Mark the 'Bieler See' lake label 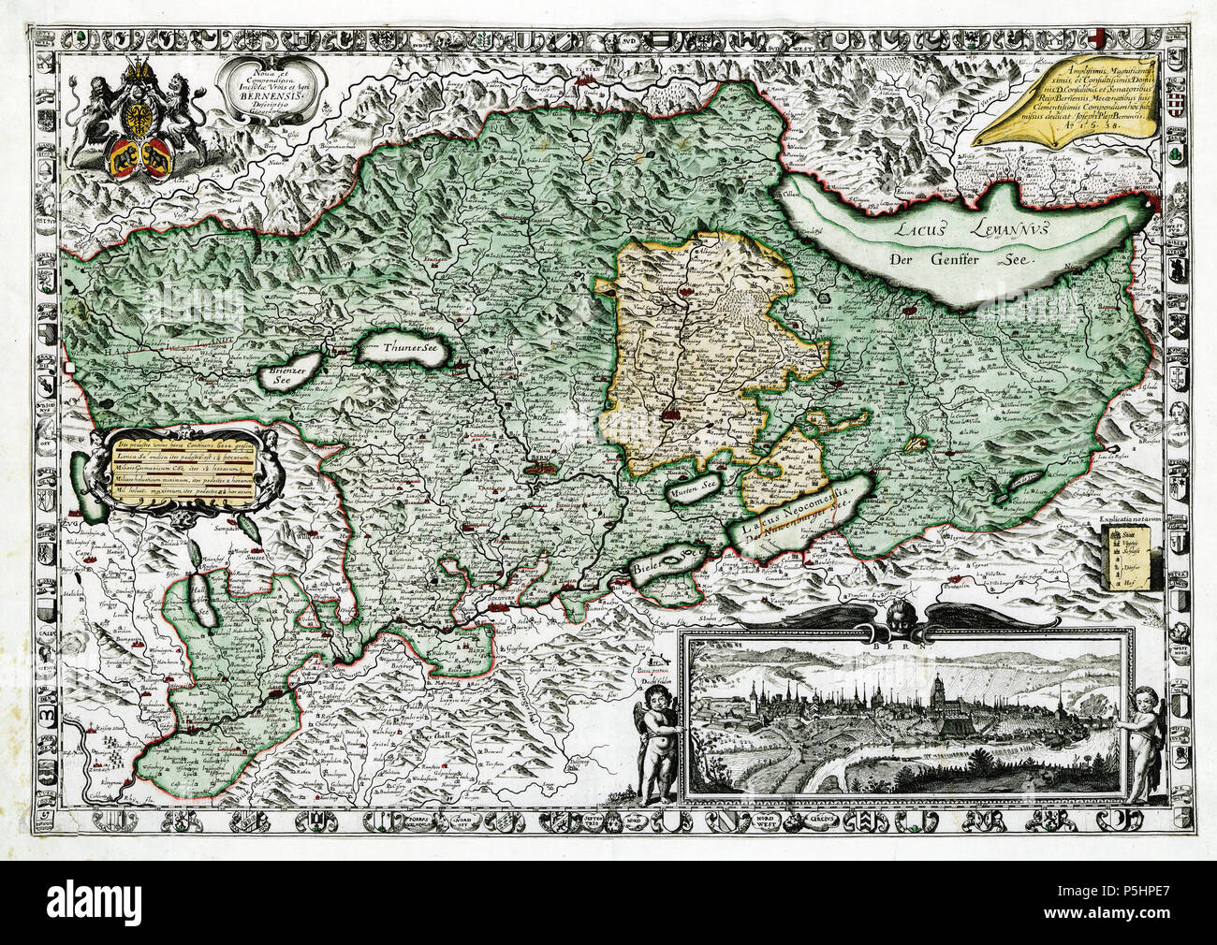[x=666, y=564]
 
